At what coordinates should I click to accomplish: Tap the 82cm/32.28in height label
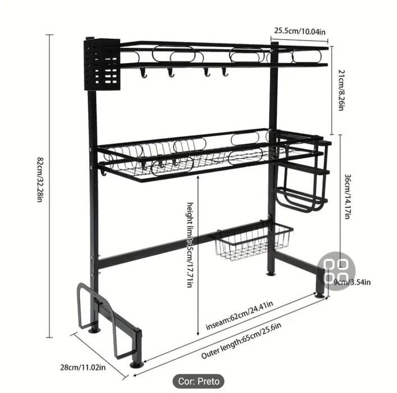(40, 180)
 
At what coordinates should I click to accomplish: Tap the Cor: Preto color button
(199, 381)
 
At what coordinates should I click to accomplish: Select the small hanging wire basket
(253, 242)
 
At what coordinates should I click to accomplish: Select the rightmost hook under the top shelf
(224, 72)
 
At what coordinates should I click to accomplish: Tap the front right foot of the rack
(320, 293)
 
